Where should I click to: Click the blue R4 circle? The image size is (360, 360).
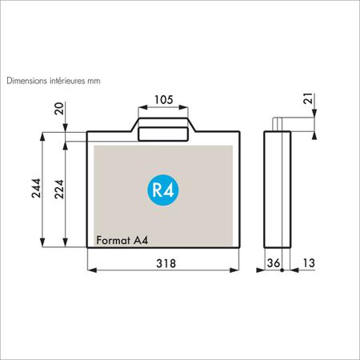[163, 189]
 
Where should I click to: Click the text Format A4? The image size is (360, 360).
[121, 238]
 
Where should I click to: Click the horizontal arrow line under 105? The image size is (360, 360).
[163, 106]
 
